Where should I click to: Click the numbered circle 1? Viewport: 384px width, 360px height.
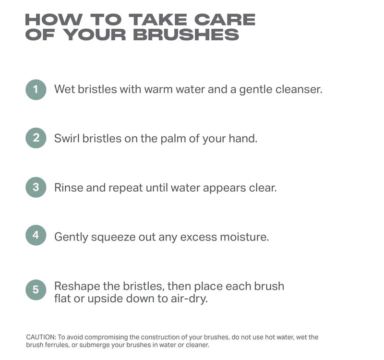36,89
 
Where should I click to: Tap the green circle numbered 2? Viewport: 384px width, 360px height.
36,138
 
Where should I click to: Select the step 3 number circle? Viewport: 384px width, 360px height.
36,187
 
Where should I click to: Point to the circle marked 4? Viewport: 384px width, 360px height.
36,236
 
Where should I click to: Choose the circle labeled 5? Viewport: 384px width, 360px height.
36,289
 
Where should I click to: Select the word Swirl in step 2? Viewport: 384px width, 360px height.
67,139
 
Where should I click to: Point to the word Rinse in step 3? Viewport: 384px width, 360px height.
68,188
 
